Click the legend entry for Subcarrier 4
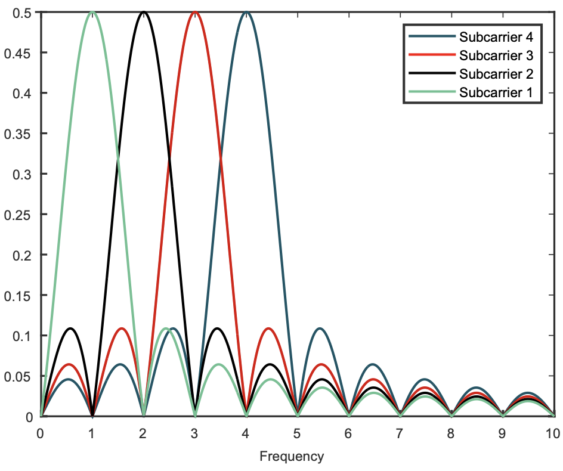point(496,37)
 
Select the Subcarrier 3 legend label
point(496,55)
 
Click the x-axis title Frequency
point(292,457)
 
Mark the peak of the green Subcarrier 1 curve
point(92,12)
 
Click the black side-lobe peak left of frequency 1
point(70,329)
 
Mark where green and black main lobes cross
point(117,159)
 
